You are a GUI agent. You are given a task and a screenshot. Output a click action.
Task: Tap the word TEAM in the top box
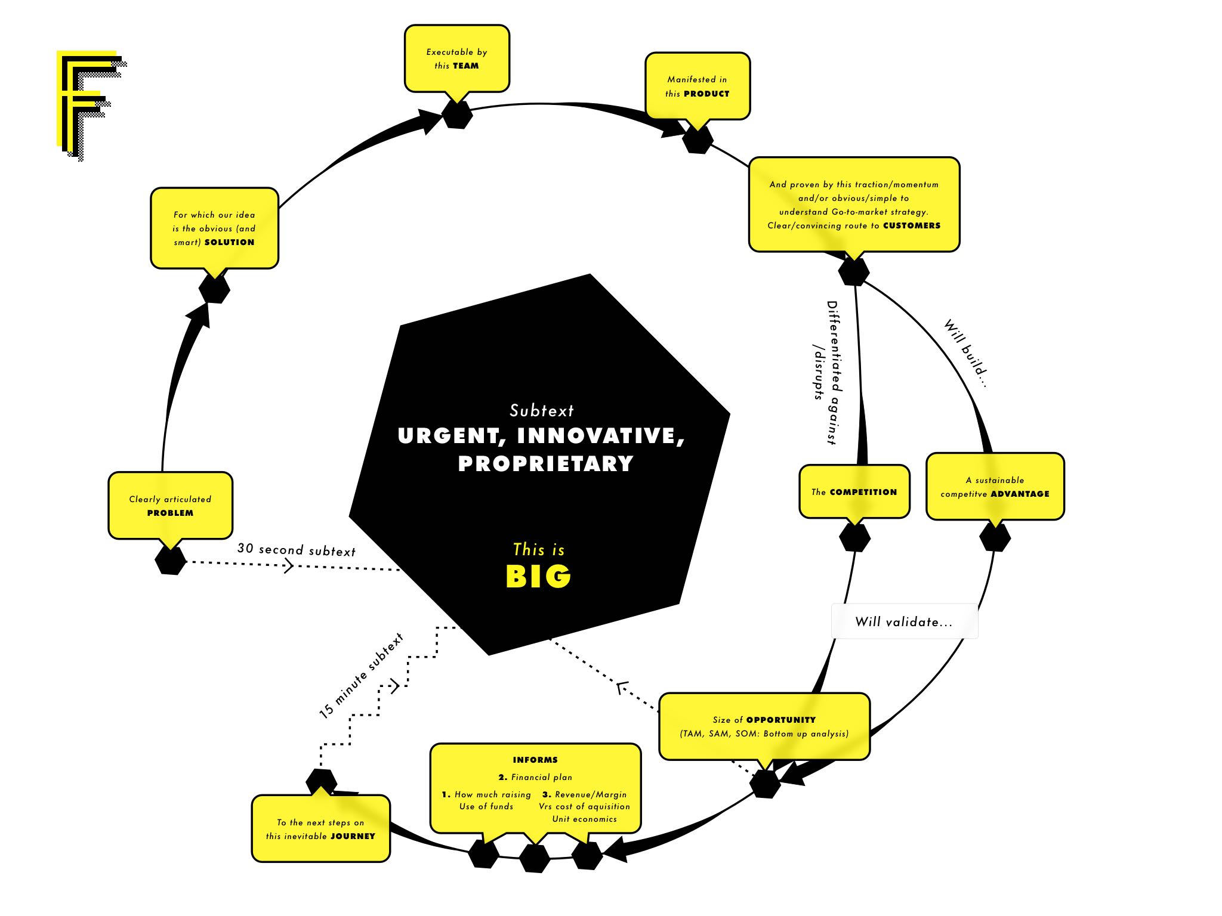pos(465,66)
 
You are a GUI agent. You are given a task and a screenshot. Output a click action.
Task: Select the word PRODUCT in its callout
pos(706,94)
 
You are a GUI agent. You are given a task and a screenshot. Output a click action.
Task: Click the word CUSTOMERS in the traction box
pos(912,225)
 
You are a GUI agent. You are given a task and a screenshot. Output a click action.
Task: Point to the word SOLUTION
pos(229,242)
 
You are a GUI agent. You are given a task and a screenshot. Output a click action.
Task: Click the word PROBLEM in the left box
pos(170,513)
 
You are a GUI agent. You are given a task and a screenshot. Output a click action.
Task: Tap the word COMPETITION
pos(863,492)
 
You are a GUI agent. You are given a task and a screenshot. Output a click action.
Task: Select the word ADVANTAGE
pos(1020,494)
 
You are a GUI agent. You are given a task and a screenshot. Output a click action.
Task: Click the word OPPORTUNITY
pos(780,720)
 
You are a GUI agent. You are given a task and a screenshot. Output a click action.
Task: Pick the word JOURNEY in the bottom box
pos(353,836)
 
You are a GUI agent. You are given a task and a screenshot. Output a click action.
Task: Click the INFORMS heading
pos(535,760)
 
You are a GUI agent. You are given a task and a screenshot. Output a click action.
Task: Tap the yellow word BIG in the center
pos(538,576)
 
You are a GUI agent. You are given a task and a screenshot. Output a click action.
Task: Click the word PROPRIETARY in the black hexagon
pos(545,463)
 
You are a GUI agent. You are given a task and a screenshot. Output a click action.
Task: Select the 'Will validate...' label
pos(903,621)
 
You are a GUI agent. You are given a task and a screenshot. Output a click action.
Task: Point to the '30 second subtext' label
pos(296,549)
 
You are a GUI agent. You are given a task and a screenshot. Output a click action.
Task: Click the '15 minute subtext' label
pos(361,676)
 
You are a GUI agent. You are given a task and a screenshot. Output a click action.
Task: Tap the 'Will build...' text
pos(965,353)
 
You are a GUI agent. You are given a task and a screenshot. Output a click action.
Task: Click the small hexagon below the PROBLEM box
pos(170,561)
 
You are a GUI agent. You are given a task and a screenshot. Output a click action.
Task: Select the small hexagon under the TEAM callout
pos(457,114)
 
